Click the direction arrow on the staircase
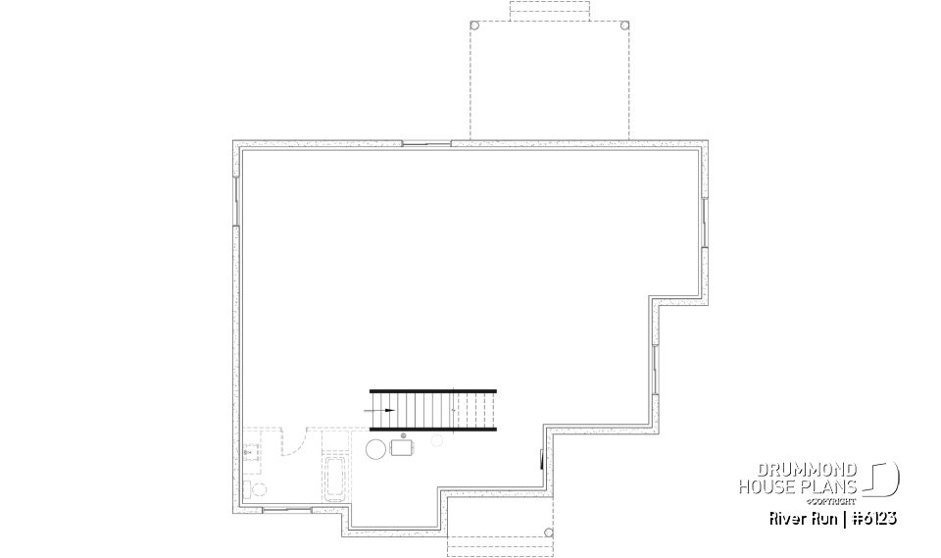(383, 410)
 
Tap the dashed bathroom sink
(253, 453)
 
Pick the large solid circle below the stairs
(375, 449)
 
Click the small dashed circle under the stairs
(435, 442)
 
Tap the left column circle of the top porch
(475, 25)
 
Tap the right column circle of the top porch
(624, 25)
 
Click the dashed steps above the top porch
(550, 10)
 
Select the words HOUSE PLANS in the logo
(799, 486)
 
